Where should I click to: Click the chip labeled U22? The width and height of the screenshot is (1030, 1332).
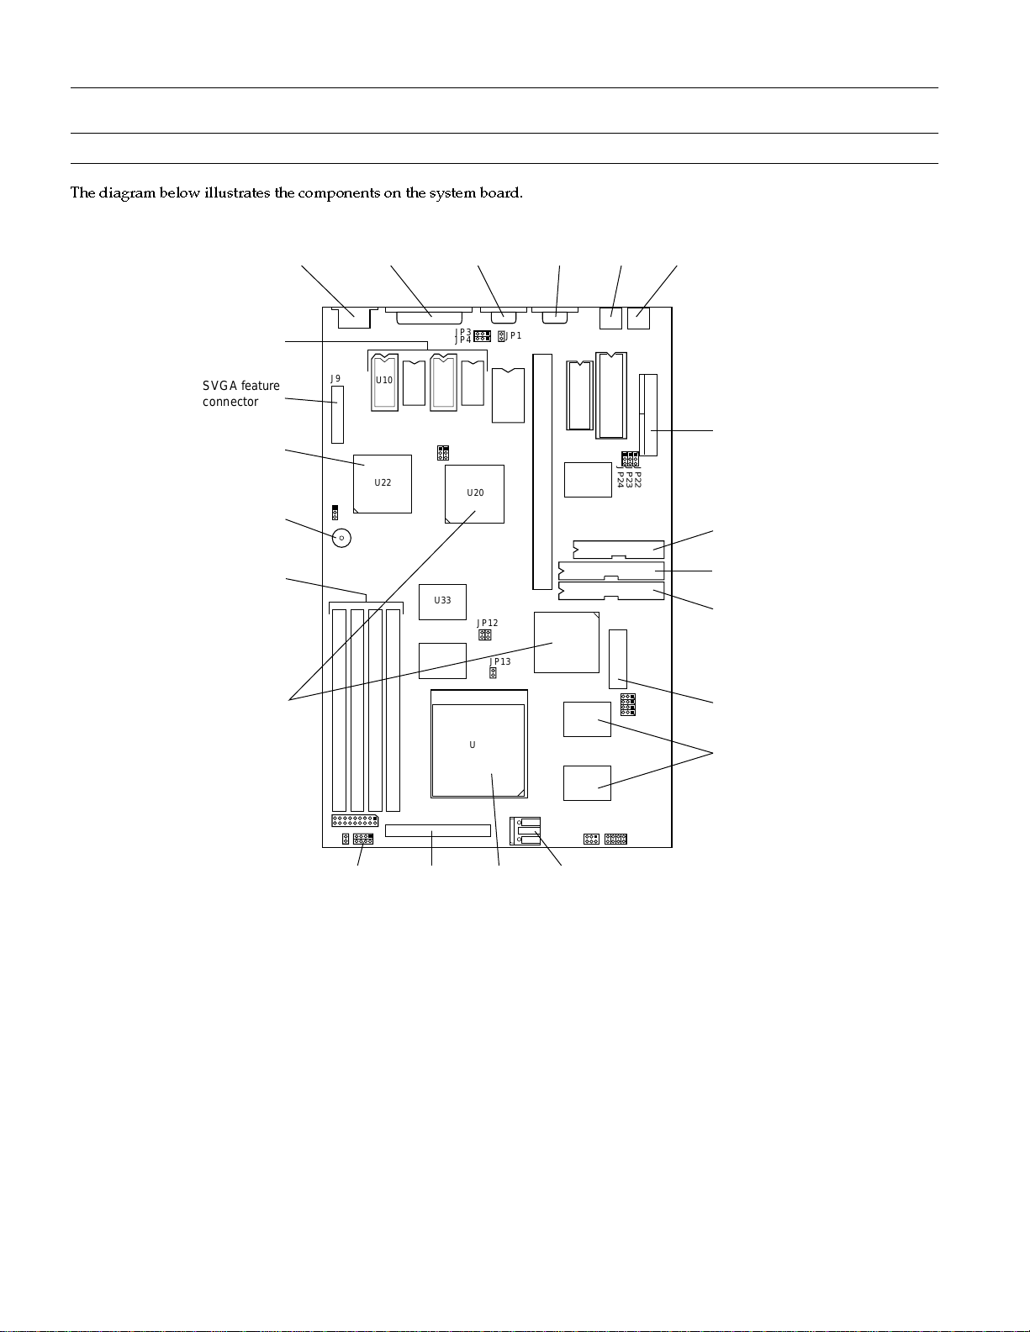[383, 483]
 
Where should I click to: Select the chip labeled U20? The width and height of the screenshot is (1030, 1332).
[475, 493]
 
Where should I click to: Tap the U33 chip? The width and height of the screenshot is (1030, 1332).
[442, 601]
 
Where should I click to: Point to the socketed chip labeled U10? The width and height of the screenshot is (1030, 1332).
[384, 382]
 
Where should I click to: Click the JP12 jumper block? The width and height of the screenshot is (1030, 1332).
[484, 635]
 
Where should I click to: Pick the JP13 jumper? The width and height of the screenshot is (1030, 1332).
[493, 673]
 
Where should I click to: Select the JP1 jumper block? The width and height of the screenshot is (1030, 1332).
[501, 336]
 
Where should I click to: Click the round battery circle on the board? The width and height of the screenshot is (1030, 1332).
[341, 538]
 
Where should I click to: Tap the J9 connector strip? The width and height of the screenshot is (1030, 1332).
[337, 415]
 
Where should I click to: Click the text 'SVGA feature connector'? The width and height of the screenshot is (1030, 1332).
[241, 393]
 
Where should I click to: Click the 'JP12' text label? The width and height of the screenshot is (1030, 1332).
[488, 623]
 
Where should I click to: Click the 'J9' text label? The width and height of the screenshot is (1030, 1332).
[335, 379]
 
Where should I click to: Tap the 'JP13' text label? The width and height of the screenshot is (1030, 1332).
[500, 661]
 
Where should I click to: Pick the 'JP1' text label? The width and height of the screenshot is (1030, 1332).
[514, 336]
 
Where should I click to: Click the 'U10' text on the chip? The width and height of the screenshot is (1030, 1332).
[384, 380]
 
